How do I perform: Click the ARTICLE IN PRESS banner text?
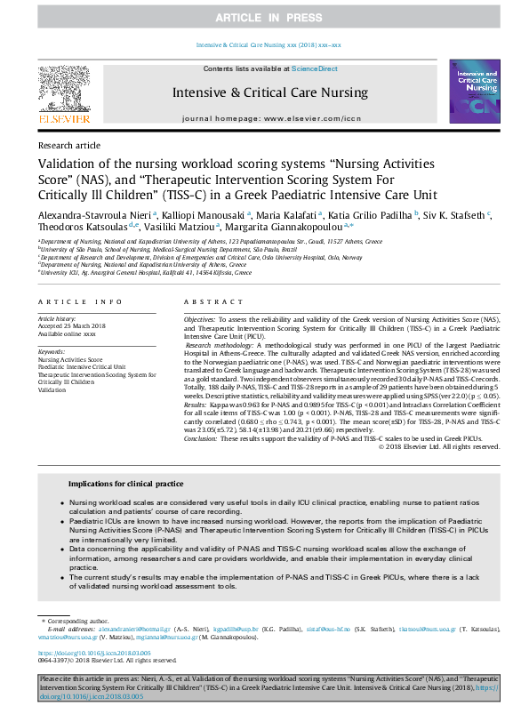click(264, 18)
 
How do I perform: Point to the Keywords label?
click(52, 352)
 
